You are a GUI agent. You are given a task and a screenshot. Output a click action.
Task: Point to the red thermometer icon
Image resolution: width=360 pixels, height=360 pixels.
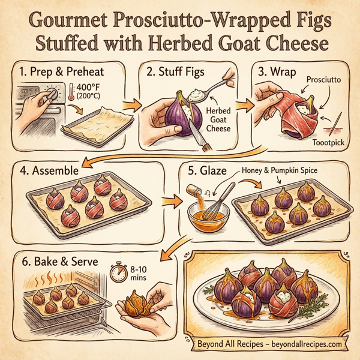(x=73, y=95)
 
